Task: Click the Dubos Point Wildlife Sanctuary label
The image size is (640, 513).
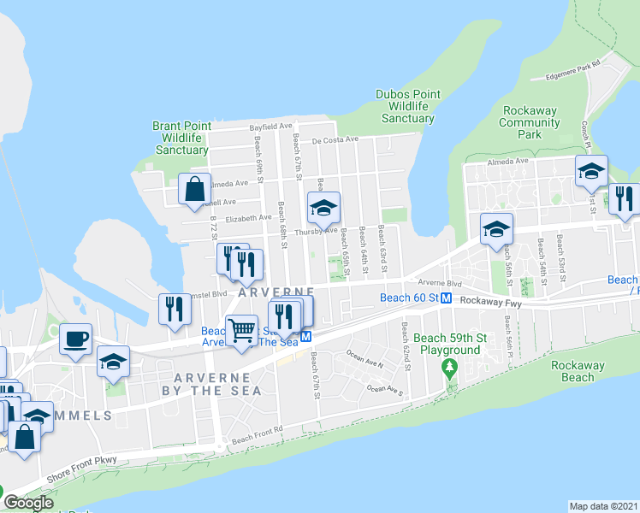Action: pyautogui.click(x=408, y=106)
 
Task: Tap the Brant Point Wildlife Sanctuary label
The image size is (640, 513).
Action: pyautogui.click(x=181, y=138)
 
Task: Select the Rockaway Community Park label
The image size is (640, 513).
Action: pyautogui.click(x=530, y=122)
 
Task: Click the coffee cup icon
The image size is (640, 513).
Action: pyautogui.click(x=75, y=338)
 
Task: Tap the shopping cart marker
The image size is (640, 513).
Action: pyautogui.click(x=242, y=329)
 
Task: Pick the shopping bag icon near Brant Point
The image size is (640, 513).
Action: pyautogui.click(x=194, y=188)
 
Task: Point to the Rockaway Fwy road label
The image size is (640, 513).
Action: pyautogui.click(x=490, y=302)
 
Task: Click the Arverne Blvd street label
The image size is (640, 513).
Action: pyautogui.click(x=440, y=283)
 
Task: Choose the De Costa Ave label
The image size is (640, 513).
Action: pyautogui.click(x=335, y=139)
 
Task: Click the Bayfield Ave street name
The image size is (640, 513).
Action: pyautogui.click(x=270, y=127)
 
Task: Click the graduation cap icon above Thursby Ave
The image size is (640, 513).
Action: pyautogui.click(x=324, y=207)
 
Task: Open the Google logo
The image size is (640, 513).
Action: pyautogui.click(x=28, y=503)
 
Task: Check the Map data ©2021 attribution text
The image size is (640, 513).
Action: pyautogui.click(x=604, y=506)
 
